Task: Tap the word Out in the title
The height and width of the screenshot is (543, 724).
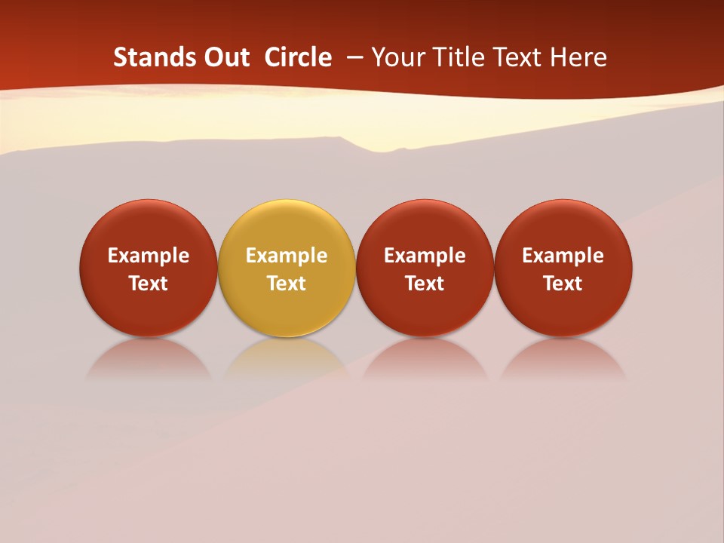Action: [226, 57]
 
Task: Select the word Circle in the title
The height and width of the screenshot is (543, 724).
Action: [298, 57]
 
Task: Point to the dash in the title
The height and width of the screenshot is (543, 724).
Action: [352, 58]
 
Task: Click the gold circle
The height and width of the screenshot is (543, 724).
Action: [287, 226]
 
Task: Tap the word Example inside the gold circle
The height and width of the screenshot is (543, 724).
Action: [287, 256]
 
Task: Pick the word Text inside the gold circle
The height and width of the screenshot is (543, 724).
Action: [287, 284]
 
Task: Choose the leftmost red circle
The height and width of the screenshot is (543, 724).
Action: [149, 226]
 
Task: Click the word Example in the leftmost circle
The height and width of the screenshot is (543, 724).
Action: [149, 256]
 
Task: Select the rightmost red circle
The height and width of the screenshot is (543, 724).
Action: [563, 226]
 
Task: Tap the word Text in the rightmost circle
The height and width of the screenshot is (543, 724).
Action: [563, 284]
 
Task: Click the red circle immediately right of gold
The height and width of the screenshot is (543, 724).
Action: [425, 226]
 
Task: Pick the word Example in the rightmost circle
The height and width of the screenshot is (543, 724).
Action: [563, 256]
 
